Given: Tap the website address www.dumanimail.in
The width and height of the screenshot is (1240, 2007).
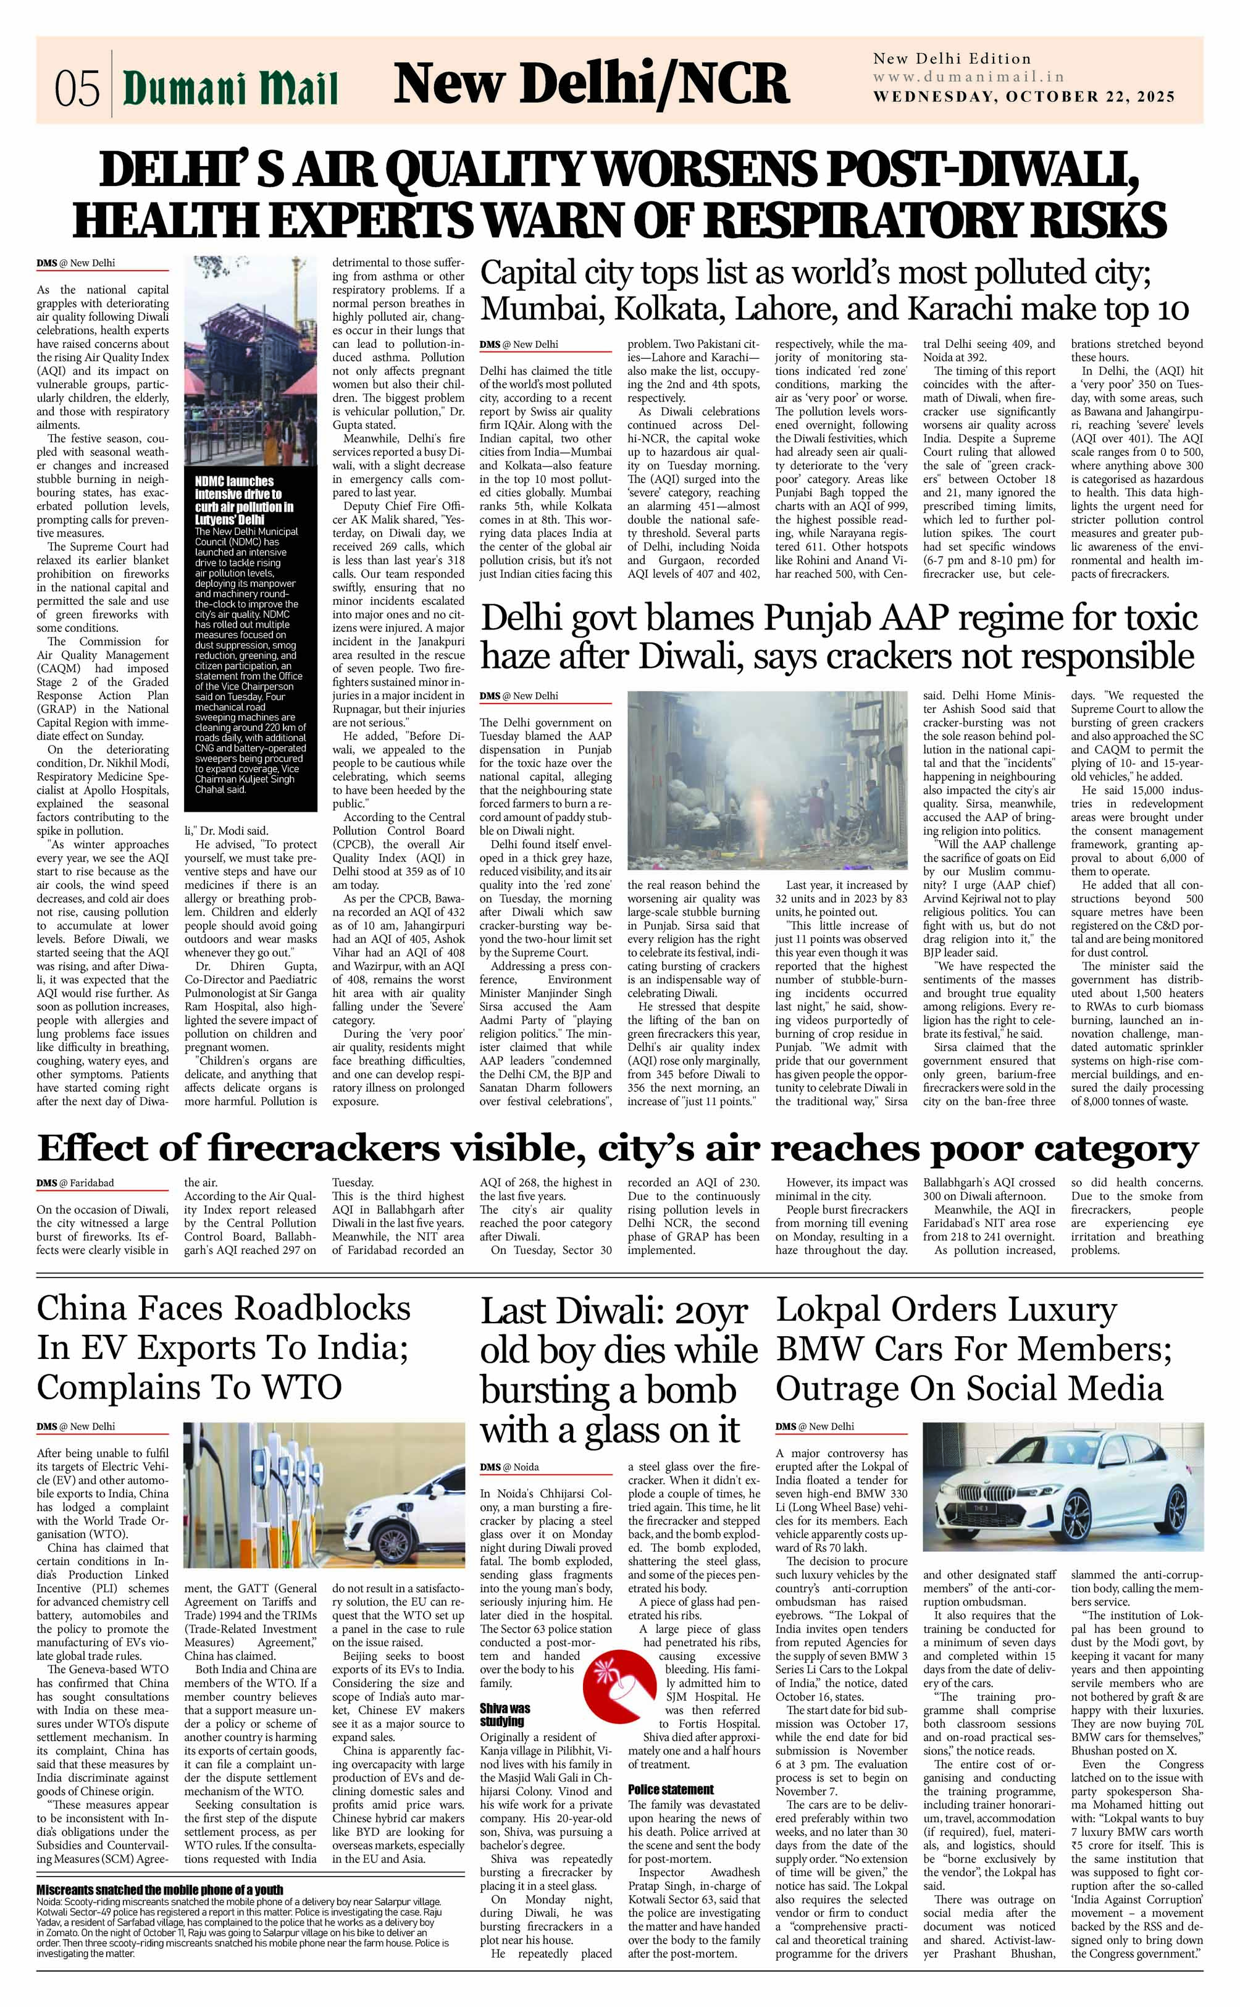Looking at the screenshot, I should (x=968, y=77).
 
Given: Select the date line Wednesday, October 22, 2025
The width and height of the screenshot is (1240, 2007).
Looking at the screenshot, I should (x=1023, y=97).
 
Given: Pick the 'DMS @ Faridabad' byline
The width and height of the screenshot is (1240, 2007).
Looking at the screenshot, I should (x=75, y=1184).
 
